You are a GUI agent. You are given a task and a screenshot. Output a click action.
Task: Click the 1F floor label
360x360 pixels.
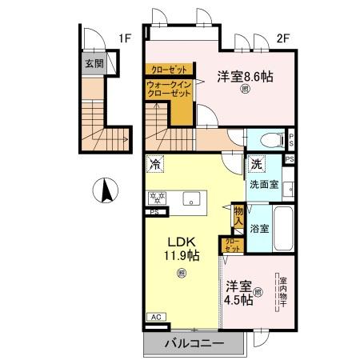[125, 37]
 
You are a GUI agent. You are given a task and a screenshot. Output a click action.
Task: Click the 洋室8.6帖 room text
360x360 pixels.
[245, 77]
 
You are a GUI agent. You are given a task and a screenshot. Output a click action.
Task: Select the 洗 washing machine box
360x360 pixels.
[255, 164]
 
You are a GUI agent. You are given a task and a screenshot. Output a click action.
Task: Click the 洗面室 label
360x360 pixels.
[263, 184]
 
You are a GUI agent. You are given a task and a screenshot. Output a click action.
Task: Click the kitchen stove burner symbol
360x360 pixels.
[155, 198]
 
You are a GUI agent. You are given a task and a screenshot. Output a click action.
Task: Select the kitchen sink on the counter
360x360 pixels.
[191, 198]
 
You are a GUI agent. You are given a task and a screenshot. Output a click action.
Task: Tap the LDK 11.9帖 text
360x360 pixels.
[182, 248]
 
